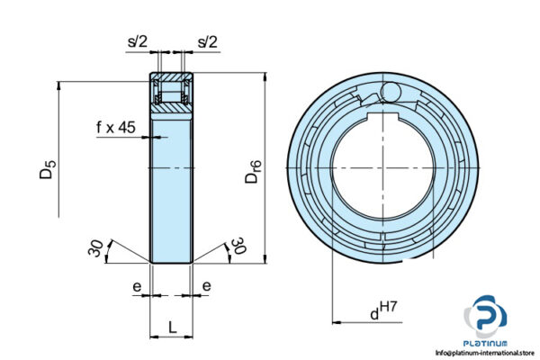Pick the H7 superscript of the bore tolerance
388,308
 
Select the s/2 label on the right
207,41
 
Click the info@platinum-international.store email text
485,354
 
